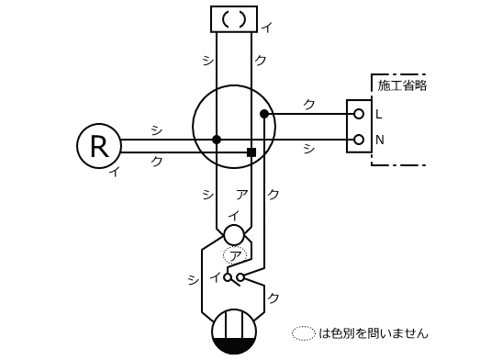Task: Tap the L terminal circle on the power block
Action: click(359, 114)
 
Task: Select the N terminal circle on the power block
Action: click(359, 140)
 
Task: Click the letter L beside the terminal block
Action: click(379, 115)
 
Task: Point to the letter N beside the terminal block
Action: click(379, 140)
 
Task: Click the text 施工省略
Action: click(402, 85)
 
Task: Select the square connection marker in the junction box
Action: click(251, 152)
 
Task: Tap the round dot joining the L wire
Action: click(264, 114)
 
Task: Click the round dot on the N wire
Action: click(217, 140)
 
